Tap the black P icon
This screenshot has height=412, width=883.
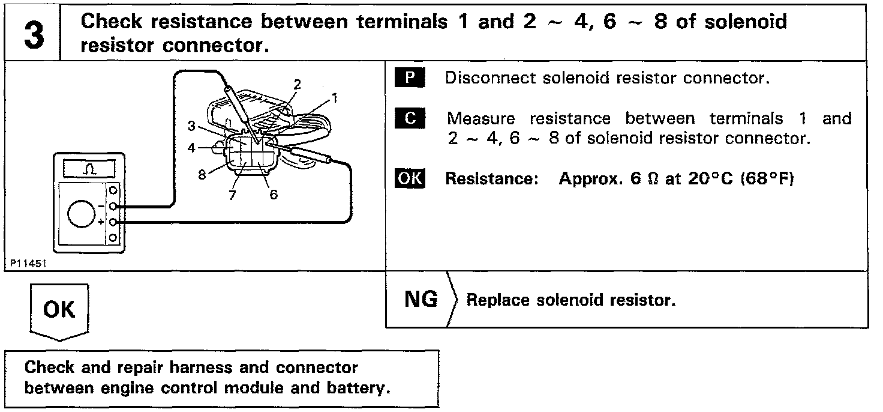point(410,79)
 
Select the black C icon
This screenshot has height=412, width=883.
point(410,118)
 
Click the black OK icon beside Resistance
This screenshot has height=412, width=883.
point(410,179)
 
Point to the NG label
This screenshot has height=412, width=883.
point(421,299)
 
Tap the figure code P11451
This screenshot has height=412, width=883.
point(28,263)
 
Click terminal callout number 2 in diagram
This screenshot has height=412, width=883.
point(298,83)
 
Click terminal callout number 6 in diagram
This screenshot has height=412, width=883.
point(273,196)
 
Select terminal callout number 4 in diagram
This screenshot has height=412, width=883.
point(191,147)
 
